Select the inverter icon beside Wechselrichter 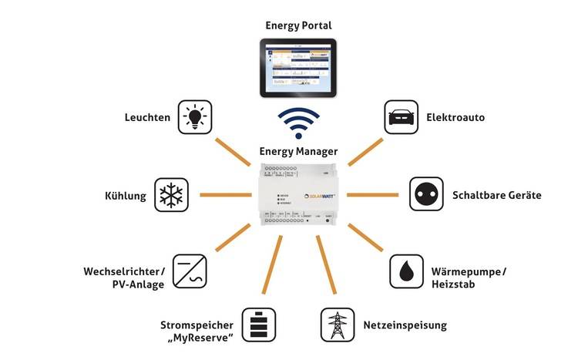(190, 272)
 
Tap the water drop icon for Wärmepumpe (405, 272)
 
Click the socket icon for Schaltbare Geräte (423, 194)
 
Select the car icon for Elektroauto (401, 118)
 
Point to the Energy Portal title (299, 25)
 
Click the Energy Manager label (299, 151)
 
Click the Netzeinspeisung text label (405, 325)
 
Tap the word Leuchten (147, 118)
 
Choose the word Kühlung (126, 195)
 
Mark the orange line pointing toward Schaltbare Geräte (374, 194)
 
